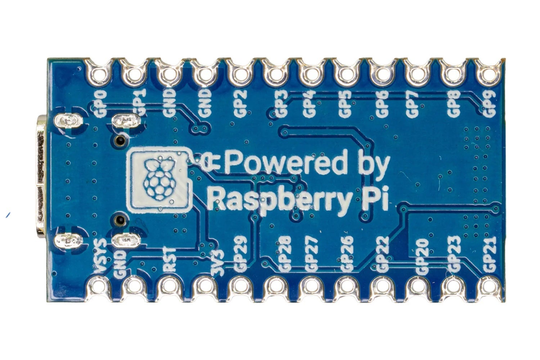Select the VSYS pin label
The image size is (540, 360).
[100, 257]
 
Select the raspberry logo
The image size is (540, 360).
[158, 180]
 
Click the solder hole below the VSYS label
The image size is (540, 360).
[99, 286]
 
